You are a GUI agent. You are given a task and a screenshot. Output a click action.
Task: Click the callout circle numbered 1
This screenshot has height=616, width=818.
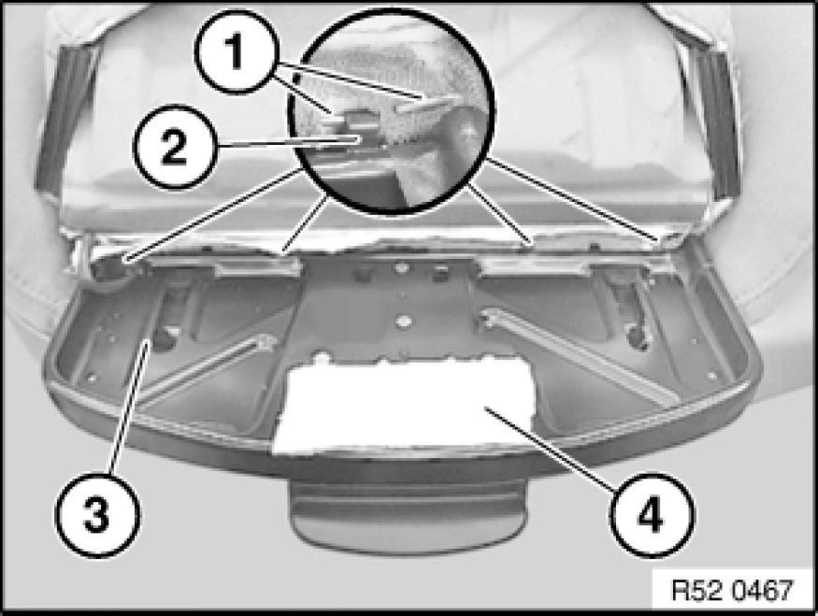[237, 51]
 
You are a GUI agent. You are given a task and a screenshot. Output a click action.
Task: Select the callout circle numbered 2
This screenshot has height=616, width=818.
[174, 147]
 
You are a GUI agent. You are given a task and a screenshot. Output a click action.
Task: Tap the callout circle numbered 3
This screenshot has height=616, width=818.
[97, 515]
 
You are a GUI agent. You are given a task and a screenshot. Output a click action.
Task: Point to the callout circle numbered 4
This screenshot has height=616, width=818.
[653, 515]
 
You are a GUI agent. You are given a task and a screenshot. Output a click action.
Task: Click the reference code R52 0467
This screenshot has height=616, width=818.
[732, 591]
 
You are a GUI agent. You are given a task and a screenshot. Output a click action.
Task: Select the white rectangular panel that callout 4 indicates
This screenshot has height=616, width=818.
[404, 406]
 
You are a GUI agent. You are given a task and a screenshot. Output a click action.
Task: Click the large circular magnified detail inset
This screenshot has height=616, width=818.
[392, 110]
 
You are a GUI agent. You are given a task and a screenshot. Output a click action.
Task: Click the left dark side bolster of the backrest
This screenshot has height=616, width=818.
[65, 120]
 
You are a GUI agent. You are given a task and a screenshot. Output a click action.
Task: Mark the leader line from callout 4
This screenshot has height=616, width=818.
[549, 448]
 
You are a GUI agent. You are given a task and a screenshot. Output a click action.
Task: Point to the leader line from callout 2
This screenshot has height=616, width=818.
[287, 142]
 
